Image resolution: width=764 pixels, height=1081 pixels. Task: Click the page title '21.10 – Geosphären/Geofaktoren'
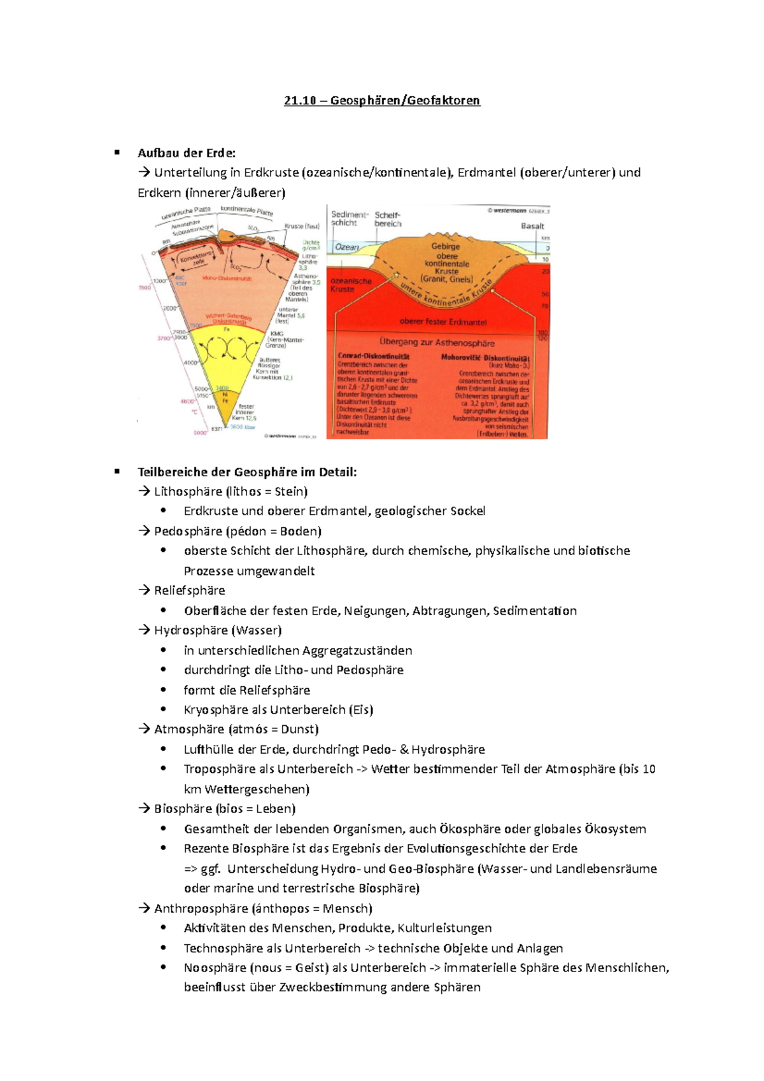382,101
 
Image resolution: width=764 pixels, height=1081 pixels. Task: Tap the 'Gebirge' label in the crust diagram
446,246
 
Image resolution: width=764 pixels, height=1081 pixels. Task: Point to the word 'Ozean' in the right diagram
347,247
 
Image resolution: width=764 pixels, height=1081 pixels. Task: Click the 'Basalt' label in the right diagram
532,226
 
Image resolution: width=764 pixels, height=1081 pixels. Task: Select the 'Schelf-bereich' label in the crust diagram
388,219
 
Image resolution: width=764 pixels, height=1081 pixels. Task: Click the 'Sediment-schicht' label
348,218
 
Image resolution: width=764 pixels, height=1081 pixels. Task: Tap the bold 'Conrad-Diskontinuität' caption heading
374,357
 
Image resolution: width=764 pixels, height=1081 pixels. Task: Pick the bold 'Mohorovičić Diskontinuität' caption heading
485,358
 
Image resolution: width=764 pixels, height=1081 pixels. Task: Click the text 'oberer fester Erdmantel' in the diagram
443,321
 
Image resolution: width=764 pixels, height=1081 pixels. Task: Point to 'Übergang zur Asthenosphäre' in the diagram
437,343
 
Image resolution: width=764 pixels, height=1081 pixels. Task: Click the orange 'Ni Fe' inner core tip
225,398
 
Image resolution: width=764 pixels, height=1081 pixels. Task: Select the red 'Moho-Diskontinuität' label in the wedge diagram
227,278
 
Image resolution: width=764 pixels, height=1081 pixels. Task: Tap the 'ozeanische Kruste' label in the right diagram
350,285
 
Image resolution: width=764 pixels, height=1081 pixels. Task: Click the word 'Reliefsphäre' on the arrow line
190,591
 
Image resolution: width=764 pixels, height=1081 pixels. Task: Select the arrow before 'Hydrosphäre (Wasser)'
144,630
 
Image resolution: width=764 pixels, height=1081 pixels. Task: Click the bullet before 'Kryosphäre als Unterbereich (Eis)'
164,709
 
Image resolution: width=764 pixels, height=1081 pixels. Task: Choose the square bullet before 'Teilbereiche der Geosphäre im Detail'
117,472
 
